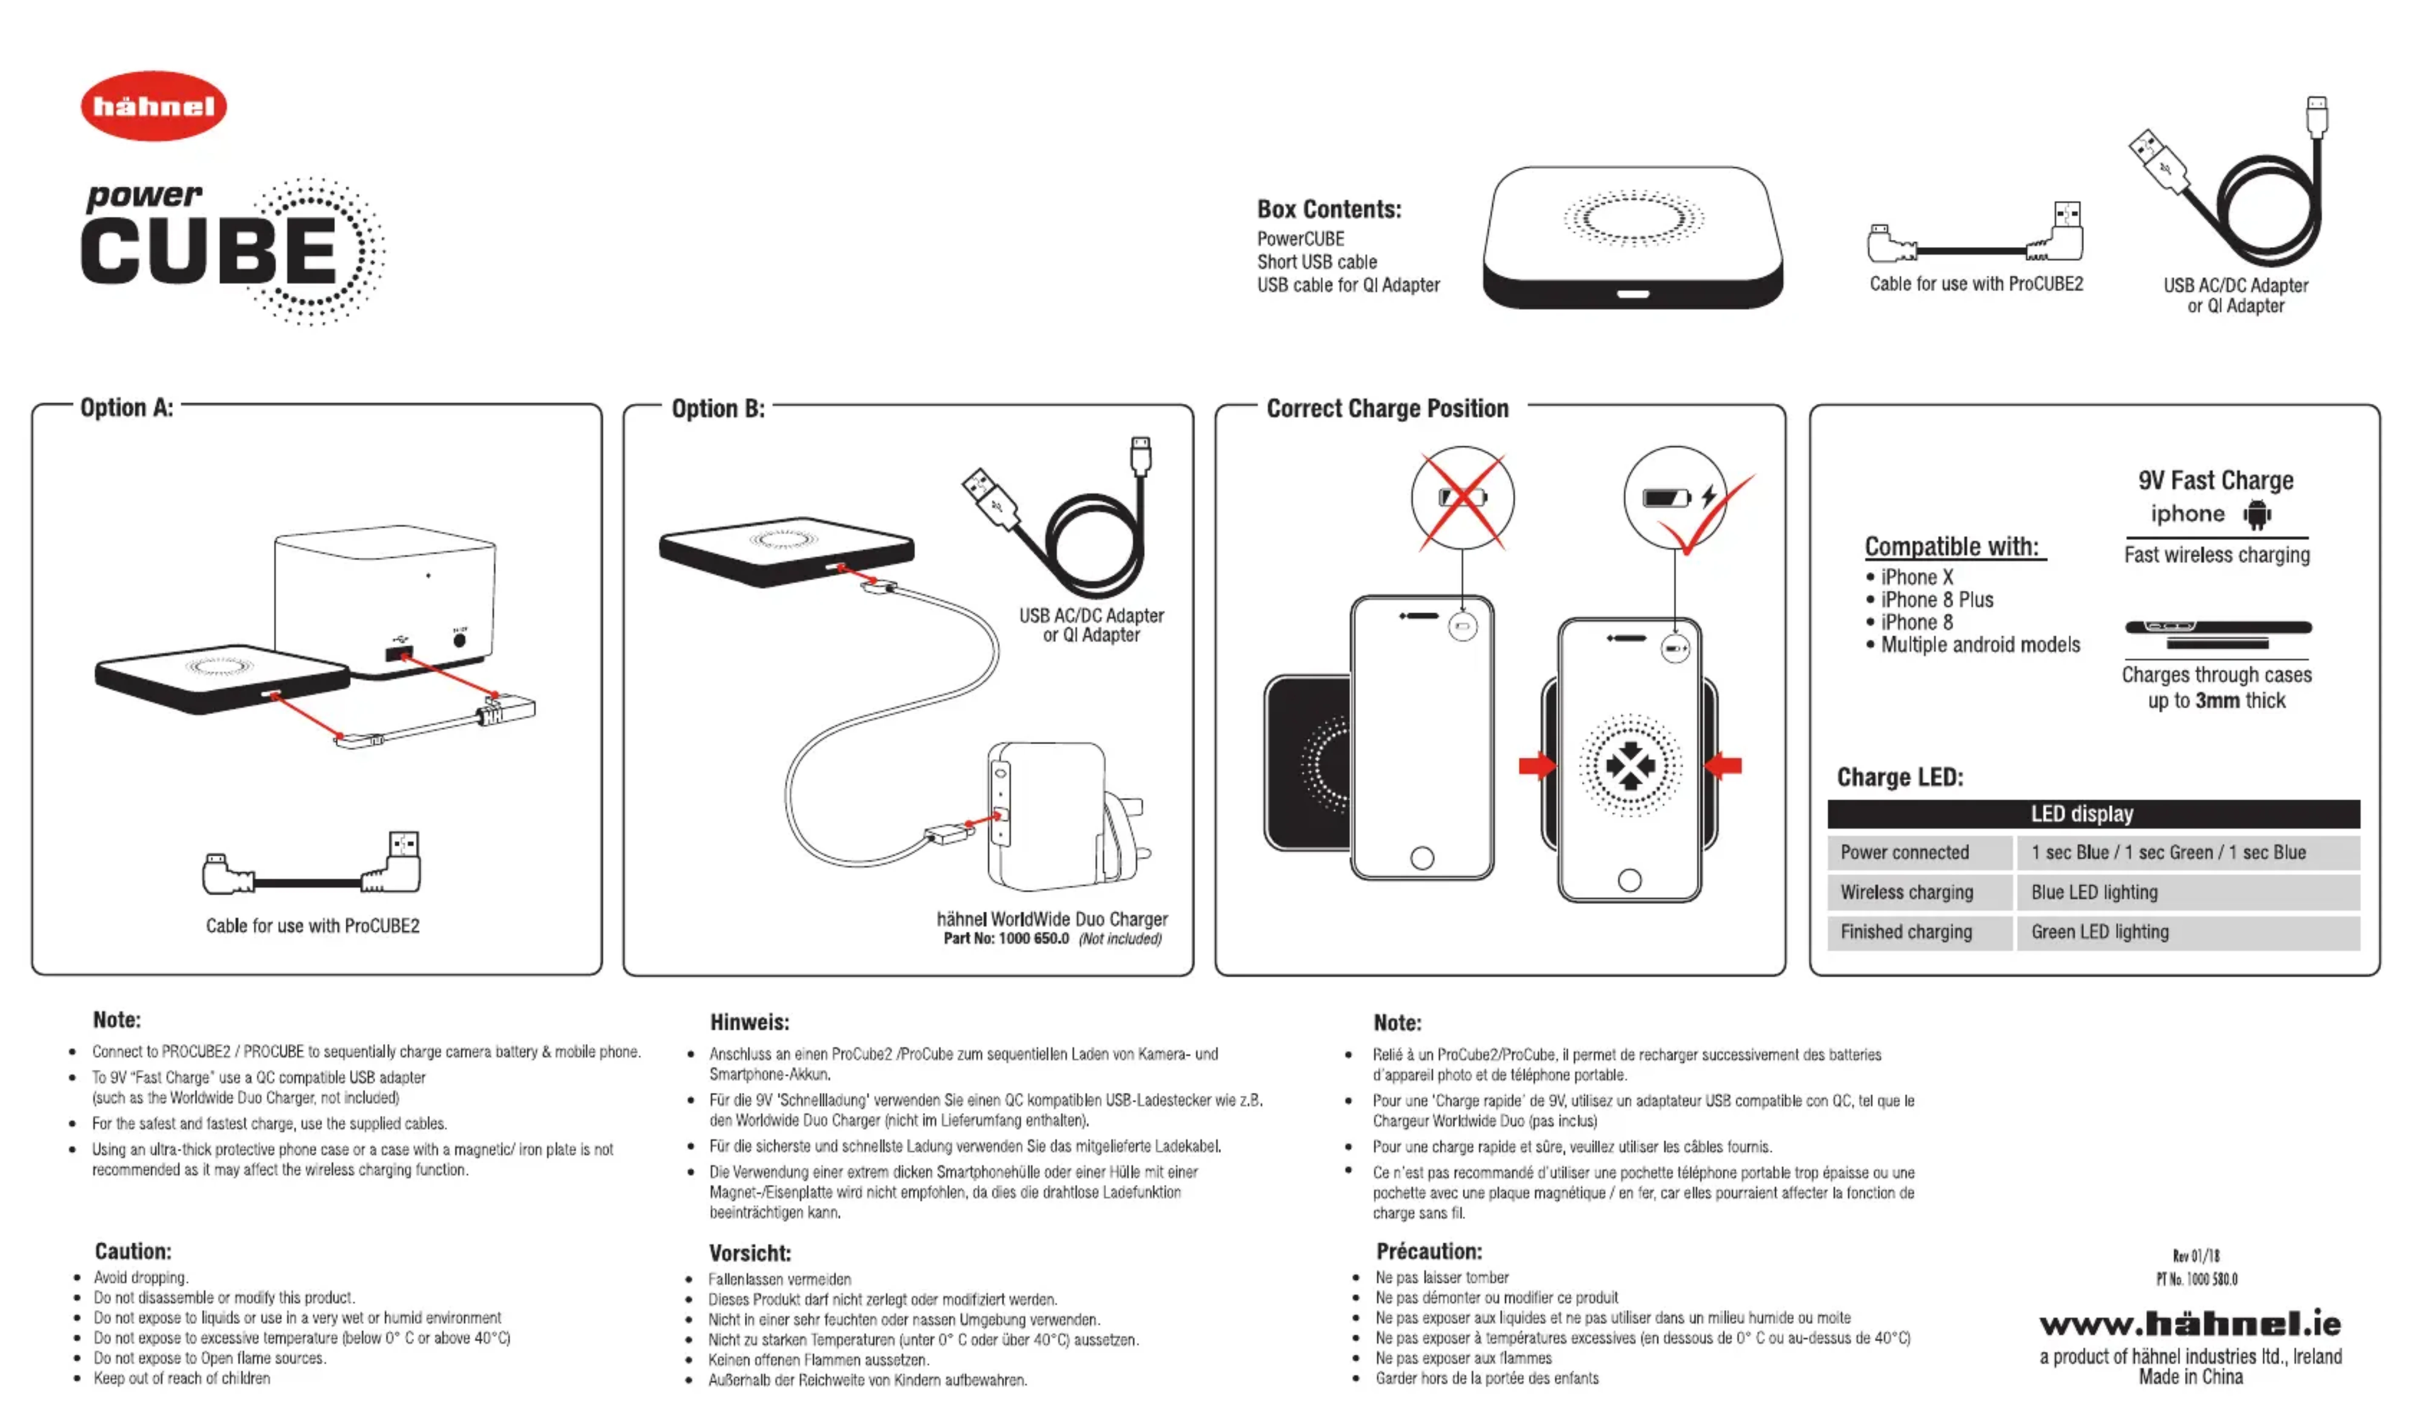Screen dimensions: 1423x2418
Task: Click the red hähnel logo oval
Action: [x=153, y=105]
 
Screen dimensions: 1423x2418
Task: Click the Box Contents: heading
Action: [x=1329, y=209]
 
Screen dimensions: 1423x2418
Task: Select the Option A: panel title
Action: [x=127, y=408]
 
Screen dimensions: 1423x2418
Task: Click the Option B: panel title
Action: [x=718, y=409]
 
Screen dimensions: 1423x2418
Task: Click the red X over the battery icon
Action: [x=1462, y=499]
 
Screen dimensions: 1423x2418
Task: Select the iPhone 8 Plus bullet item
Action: [x=1936, y=600]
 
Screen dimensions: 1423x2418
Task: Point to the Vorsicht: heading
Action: [x=749, y=1253]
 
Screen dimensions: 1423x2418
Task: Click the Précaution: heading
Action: [x=1429, y=1251]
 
